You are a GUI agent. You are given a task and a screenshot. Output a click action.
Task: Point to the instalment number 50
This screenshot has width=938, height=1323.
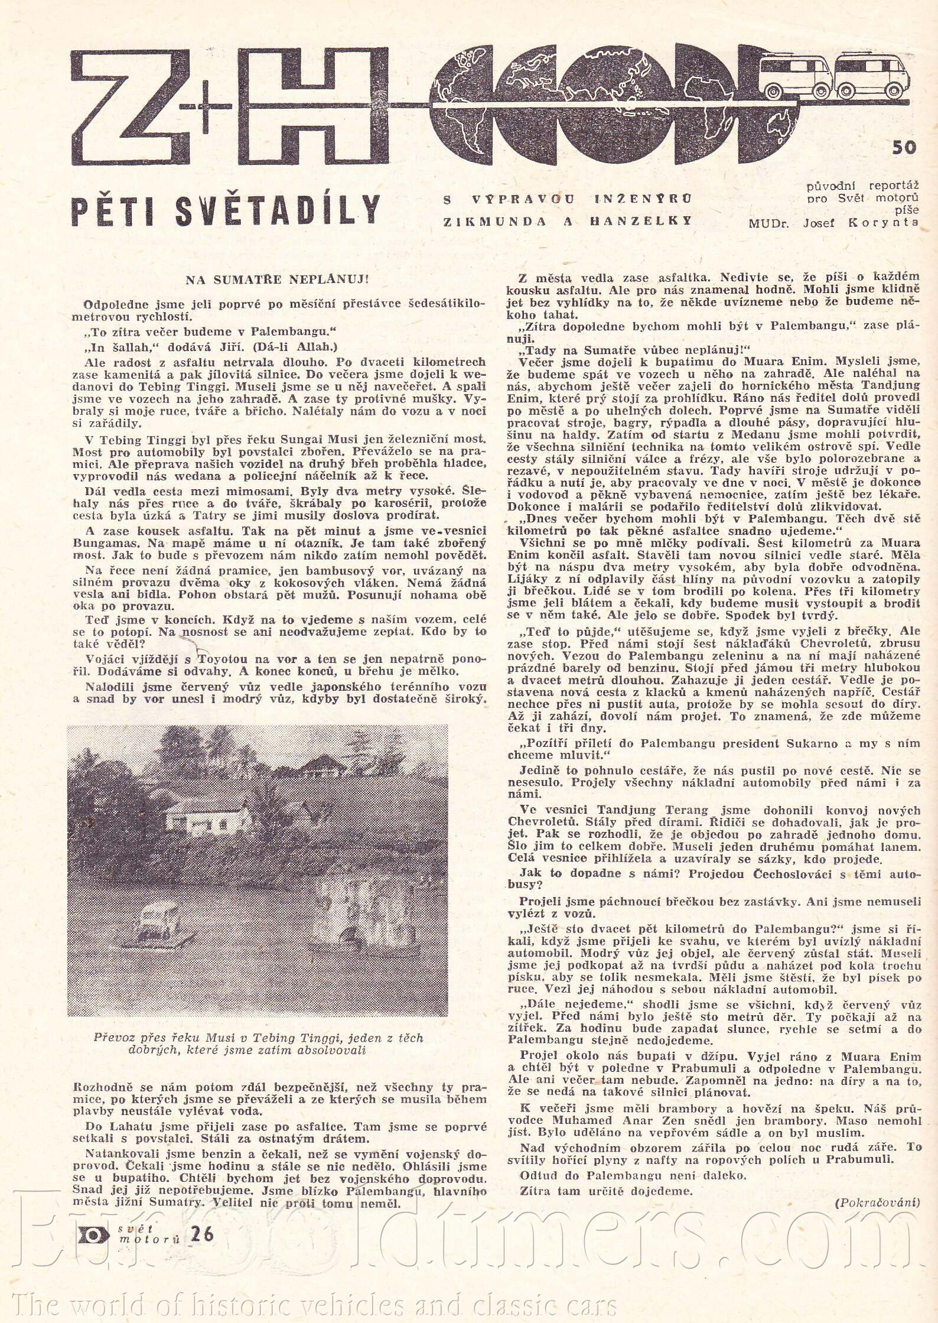tap(904, 147)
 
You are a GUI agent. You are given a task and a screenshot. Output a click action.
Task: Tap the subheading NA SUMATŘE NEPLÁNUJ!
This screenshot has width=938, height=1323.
tap(277, 279)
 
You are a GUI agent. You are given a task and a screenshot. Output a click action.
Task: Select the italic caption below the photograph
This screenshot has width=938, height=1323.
tap(258, 1044)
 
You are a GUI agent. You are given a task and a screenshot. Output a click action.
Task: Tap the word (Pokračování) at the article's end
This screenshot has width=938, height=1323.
tap(877, 1201)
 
